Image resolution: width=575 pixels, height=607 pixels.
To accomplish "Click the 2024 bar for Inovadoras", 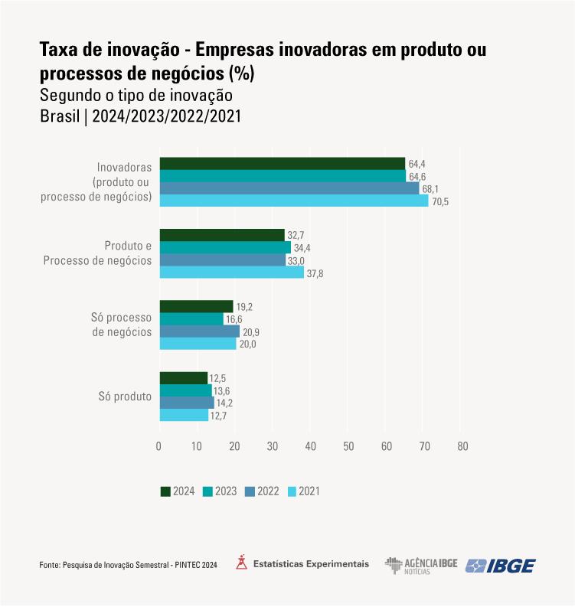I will pyautogui.click(x=282, y=163).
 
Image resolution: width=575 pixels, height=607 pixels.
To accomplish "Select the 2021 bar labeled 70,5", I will pyautogui.click(x=293, y=201).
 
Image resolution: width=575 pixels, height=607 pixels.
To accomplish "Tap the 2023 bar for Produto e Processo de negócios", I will pyautogui.click(x=225, y=248).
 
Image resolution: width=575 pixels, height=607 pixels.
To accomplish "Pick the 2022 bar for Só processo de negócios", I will pyautogui.click(x=199, y=331).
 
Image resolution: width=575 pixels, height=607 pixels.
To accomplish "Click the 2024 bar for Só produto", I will pyautogui.click(x=183, y=378).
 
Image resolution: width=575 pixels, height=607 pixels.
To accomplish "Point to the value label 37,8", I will pyautogui.click(x=315, y=273).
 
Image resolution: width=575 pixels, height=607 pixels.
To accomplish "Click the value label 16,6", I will pyautogui.click(x=234, y=319).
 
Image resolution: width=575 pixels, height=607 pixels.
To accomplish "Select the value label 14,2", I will pyautogui.click(x=225, y=403).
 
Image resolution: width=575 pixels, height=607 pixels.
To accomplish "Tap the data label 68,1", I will pyautogui.click(x=431, y=188).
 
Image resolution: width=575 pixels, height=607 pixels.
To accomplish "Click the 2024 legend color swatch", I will pyautogui.click(x=165, y=491).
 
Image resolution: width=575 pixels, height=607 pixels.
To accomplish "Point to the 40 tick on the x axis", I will pyautogui.click(x=310, y=446).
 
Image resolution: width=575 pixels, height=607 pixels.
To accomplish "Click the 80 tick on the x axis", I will pyautogui.click(x=462, y=446).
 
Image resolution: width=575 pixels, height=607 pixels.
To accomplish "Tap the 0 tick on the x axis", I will pyautogui.click(x=159, y=446).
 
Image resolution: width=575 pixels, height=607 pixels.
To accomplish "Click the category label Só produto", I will pyautogui.click(x=125, y=397).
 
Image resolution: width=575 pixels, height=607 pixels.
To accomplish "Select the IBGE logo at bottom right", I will pyautogui.click(x=501, y=565).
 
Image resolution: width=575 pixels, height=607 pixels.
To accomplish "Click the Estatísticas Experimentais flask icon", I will pyautogui.click(x=241, y=563).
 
